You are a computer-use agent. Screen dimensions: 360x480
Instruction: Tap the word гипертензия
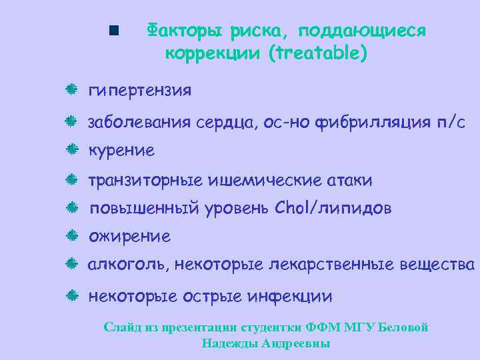coord(140,90)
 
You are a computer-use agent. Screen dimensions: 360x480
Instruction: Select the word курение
coord(121,151)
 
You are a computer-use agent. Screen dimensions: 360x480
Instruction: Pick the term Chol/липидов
coord(333,209)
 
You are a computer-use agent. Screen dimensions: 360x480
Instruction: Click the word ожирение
coord(129,237)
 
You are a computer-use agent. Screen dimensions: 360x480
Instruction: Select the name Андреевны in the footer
coord(297,344)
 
